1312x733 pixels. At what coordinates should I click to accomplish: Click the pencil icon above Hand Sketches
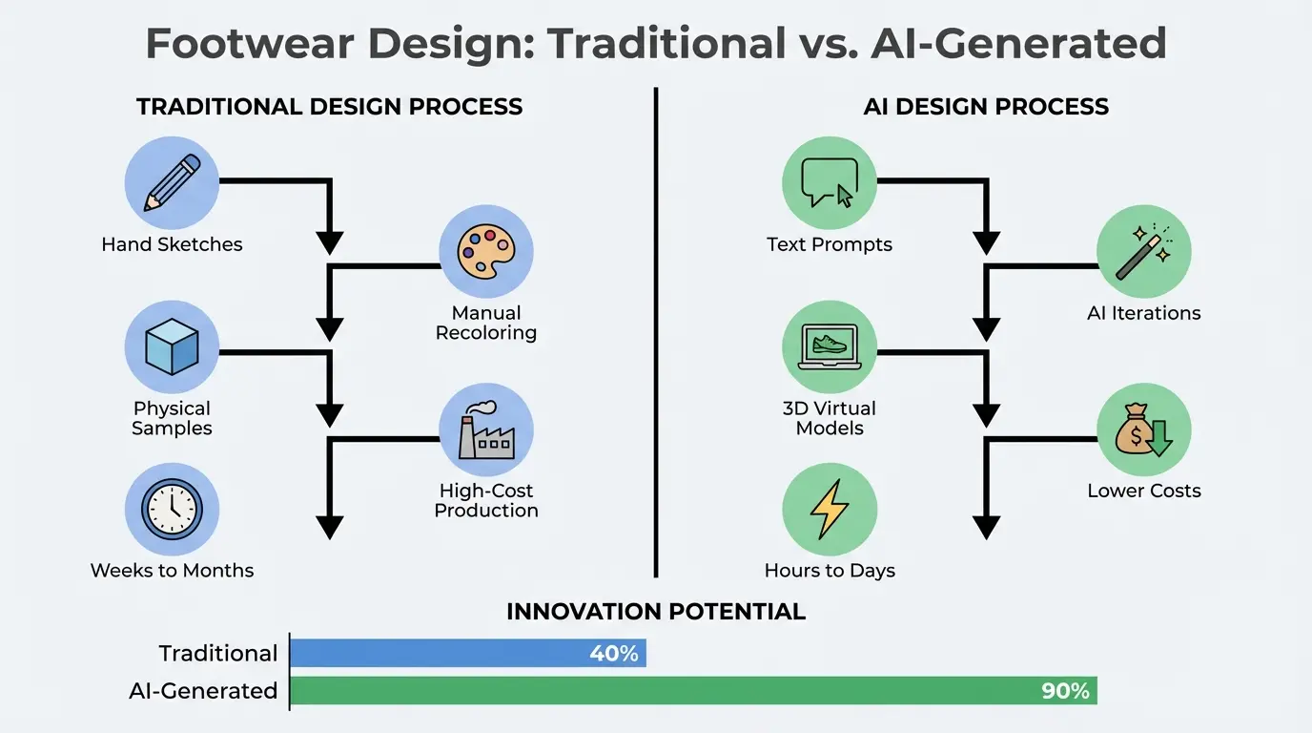coord(173,182)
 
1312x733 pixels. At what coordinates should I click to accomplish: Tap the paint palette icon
coord(486,252)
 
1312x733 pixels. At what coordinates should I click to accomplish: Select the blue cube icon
coord(172,346)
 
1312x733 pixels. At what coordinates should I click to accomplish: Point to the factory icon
coord(486,429)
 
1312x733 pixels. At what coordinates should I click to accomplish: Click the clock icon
coord(172,509)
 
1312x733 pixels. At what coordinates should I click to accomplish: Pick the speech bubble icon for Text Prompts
coord(830,182)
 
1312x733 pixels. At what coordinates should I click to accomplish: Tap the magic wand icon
coord(1143,252)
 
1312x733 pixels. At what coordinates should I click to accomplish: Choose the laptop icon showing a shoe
coord(830,346)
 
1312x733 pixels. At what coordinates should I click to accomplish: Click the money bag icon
coord(1143,429)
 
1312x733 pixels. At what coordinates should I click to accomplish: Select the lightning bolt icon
coord(830,509)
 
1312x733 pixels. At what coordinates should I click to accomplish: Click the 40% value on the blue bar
coord(614,653)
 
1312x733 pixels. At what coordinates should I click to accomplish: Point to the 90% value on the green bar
coord(1065,691)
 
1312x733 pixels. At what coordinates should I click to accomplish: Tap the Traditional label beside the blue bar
coord(218,653)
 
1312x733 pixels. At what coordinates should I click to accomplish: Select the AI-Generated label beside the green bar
coord(203,691)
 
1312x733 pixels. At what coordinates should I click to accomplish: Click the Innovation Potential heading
coord(656,612)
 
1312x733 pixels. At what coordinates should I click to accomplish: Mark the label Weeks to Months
coord(173,571)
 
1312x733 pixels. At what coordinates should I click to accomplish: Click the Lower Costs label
coord(1144,491)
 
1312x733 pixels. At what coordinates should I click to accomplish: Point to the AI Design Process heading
coord(986,107)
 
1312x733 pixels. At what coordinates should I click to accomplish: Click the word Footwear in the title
coord(250,43)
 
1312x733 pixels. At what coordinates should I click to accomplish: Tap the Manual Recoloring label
coord(486,323)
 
